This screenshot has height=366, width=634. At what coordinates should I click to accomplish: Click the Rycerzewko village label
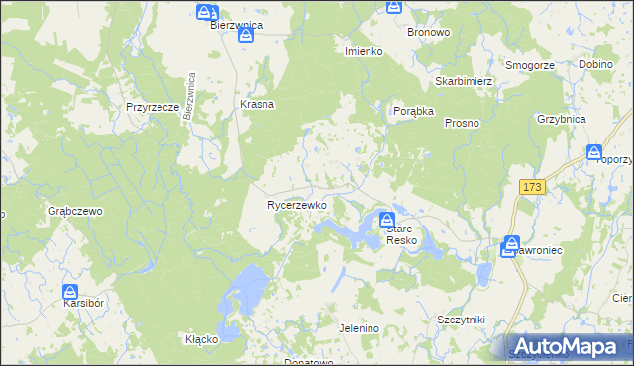[297, 205]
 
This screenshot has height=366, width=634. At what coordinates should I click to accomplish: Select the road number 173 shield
[532, 187]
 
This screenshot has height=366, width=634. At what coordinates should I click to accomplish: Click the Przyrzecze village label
[152, 106]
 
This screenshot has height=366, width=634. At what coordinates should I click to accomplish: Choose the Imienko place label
[364, 51]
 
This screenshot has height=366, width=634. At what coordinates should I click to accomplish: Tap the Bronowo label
[429, 32]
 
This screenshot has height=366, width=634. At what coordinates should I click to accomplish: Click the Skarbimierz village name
[464, 81]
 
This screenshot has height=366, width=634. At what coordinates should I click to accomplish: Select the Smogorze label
[529, 64]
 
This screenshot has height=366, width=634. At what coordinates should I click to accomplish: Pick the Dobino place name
[595, 64]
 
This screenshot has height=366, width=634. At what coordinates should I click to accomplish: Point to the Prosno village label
[463, 123]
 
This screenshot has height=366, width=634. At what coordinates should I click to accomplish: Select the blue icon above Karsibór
[70, 292]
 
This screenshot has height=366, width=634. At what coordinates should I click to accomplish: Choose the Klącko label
[201, 339]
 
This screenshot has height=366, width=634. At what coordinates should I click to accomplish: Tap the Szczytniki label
[461, 320]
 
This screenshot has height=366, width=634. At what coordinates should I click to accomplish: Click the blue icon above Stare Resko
[387, 219]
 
